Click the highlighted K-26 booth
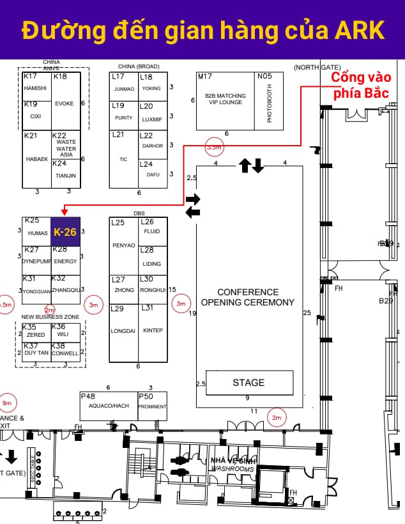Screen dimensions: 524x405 pos(65,232)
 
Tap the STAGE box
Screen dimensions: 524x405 pos(249,383)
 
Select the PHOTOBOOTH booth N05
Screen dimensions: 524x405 pos(269,101)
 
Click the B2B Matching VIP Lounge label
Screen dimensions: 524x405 pos(225,99)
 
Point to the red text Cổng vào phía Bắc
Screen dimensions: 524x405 pos(360,86)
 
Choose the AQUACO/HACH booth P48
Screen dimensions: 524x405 pos(109,406)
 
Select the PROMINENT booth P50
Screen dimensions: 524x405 pos(153,406)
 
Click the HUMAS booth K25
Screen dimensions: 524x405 pos(37,232)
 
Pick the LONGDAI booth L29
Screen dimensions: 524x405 pos(124,332)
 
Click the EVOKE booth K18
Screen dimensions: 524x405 pos(66,102)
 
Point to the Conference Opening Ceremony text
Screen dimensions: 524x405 pos(248,297)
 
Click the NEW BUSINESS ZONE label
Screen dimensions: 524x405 pos(50,317)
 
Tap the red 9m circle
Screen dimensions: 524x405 pos(7,403)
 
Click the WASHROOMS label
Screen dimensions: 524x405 pos(233,468)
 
